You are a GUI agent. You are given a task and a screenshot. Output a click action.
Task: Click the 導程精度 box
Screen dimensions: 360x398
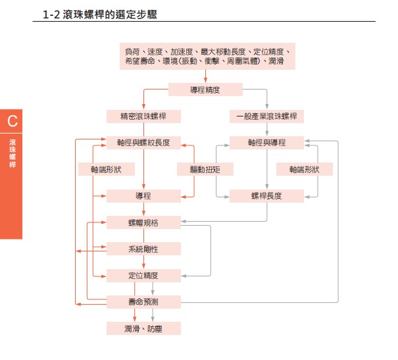pyautogui.click(x=206, y=90)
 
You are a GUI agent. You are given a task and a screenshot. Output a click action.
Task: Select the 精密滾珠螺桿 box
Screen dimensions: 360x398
pyautogui.click(x=143, y=116)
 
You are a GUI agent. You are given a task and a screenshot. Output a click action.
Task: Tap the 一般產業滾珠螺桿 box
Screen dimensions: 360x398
pyautogui.click(x=266, y=116)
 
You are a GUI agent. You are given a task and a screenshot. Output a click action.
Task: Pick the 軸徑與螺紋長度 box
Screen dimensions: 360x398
pyautogui.click(x=143, y=143)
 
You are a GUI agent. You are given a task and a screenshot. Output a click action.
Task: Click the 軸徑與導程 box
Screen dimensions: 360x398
pyautogui.click(x=266, y=143)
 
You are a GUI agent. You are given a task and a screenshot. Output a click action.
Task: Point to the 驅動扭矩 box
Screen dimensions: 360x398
pyautogui.click(x=205, y=169)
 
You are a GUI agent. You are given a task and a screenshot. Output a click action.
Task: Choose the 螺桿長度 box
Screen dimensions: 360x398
pyautogui.click(x=266, y=195)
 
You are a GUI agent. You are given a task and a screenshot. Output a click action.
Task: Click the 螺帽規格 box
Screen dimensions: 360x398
pyautogui.click(x=143, y=222)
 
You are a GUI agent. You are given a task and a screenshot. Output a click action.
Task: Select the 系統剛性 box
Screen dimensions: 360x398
pyautogui.click(x=143, y=249)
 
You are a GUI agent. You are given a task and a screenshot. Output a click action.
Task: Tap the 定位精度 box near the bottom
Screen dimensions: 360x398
pyautogui.click(x=143, y=275)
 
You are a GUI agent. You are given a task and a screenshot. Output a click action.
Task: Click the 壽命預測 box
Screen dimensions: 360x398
pyautogui.click(x=143, y=301)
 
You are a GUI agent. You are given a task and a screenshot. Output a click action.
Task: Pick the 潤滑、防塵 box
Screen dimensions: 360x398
pyautogui.click(x=143, y=328)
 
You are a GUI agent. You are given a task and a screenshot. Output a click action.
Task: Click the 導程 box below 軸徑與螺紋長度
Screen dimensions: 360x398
pyautogui.click(x=143, y=195)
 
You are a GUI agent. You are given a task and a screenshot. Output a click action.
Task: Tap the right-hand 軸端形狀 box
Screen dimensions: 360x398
pyautogui.click(x=304, y=169)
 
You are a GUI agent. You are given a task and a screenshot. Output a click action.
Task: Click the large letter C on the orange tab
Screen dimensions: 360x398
pyautogui.click(x=12, y=121)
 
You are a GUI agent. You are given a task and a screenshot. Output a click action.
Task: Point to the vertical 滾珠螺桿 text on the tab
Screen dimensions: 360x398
pyautogui.click(x=12, y=153)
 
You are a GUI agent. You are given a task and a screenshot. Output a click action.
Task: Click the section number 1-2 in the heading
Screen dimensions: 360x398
pyautogui.click(x=51, y=13)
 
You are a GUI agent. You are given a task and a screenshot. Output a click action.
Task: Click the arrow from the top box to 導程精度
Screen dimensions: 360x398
pyautogui.click(x=206, y=76)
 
